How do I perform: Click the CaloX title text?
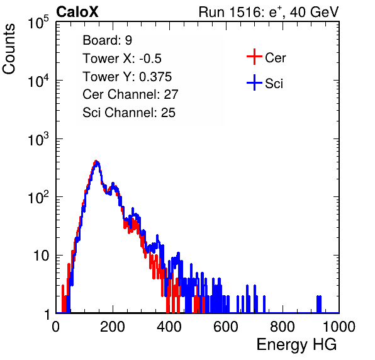pos(77,12)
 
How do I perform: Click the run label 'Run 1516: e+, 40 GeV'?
pos(269,12)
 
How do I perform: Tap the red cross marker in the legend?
pos(254,57)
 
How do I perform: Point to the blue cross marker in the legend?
pos(254,82)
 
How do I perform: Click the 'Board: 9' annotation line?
pos(107,40)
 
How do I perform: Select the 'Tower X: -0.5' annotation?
pos(122,59)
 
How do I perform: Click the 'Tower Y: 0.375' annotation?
pos(127,77)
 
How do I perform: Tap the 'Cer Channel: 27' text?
pos(130,94)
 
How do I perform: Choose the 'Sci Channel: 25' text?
pos(129,113)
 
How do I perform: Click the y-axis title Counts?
pos(9,49)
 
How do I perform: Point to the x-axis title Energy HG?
pos(296,345)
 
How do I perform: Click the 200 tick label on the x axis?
pos(113,327)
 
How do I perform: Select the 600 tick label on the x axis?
pos(226,327)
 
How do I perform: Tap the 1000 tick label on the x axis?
pos(339,327)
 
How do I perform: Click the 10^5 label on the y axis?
pos(38,22)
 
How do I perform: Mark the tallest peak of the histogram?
pos(96,161)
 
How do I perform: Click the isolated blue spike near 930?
pos(319,304)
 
